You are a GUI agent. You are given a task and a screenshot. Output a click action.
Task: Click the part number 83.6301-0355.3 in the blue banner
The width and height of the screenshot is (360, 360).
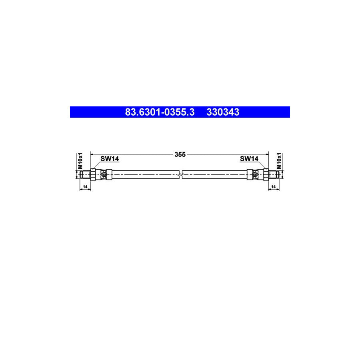[160, 112]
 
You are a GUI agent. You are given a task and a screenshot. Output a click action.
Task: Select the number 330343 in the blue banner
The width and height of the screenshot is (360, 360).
[223, 112]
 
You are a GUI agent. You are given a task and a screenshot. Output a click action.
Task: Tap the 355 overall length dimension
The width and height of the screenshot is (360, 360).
[180, 154]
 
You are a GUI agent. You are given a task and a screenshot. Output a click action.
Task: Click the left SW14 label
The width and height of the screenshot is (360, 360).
[109, 159]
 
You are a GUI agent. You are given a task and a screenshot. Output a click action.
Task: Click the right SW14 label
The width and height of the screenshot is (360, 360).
[249, 159]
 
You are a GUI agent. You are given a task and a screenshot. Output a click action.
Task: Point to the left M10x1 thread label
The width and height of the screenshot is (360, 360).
[80, 160]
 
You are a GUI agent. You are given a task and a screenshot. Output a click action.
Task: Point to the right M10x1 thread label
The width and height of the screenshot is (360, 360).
[280, 160]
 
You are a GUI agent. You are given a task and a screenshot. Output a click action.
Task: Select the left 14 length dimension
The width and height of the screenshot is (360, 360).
[84, 187]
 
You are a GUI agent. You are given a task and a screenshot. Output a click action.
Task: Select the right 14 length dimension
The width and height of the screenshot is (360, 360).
[274, 187]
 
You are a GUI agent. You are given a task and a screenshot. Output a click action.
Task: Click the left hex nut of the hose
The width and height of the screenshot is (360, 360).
[93, 174]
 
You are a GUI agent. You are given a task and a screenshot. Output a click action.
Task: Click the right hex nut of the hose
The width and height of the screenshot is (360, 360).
[266, 174]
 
